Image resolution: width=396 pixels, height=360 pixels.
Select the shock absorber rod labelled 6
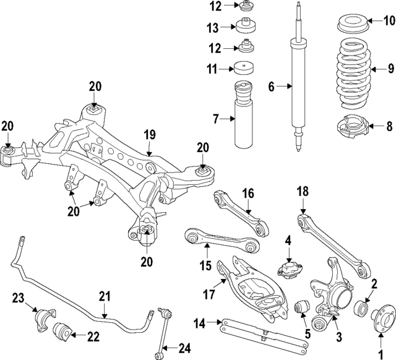point(296,87)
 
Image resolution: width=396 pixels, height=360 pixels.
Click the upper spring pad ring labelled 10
point(351,27)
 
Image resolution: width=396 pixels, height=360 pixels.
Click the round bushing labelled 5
point(303,306)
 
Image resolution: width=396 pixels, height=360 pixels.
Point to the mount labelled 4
point(288,270)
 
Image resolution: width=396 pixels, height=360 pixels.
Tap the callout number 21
point(104,296)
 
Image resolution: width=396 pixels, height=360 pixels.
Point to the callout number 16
point(247,194)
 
